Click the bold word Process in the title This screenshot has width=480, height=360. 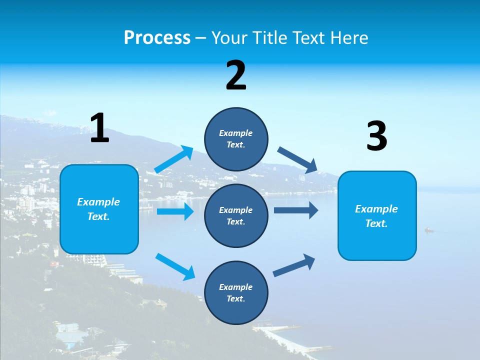157,38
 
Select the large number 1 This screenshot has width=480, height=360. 99,128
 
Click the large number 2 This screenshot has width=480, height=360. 236,75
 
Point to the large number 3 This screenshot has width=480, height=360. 376,136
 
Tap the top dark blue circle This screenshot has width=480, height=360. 236,139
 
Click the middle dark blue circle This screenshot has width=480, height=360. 236,215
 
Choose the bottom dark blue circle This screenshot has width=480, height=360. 236,292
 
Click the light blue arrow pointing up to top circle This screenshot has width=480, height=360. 174,159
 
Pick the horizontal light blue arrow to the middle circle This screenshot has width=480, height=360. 175,211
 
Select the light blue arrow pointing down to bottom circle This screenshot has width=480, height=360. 175,266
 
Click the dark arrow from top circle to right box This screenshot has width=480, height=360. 297,160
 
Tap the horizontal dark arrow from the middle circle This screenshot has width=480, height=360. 296,210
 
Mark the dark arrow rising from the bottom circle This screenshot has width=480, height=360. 294,265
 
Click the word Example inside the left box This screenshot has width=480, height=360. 98,202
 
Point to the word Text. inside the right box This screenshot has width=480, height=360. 376,223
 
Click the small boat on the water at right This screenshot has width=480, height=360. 429,230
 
